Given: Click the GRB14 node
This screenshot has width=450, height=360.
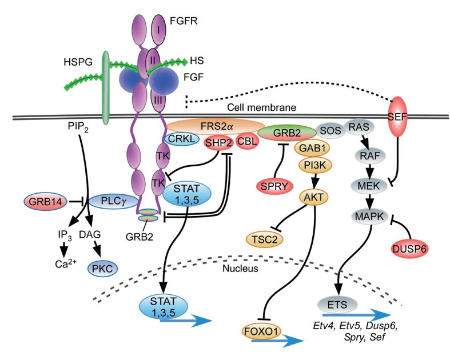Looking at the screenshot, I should tap(46, 201).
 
